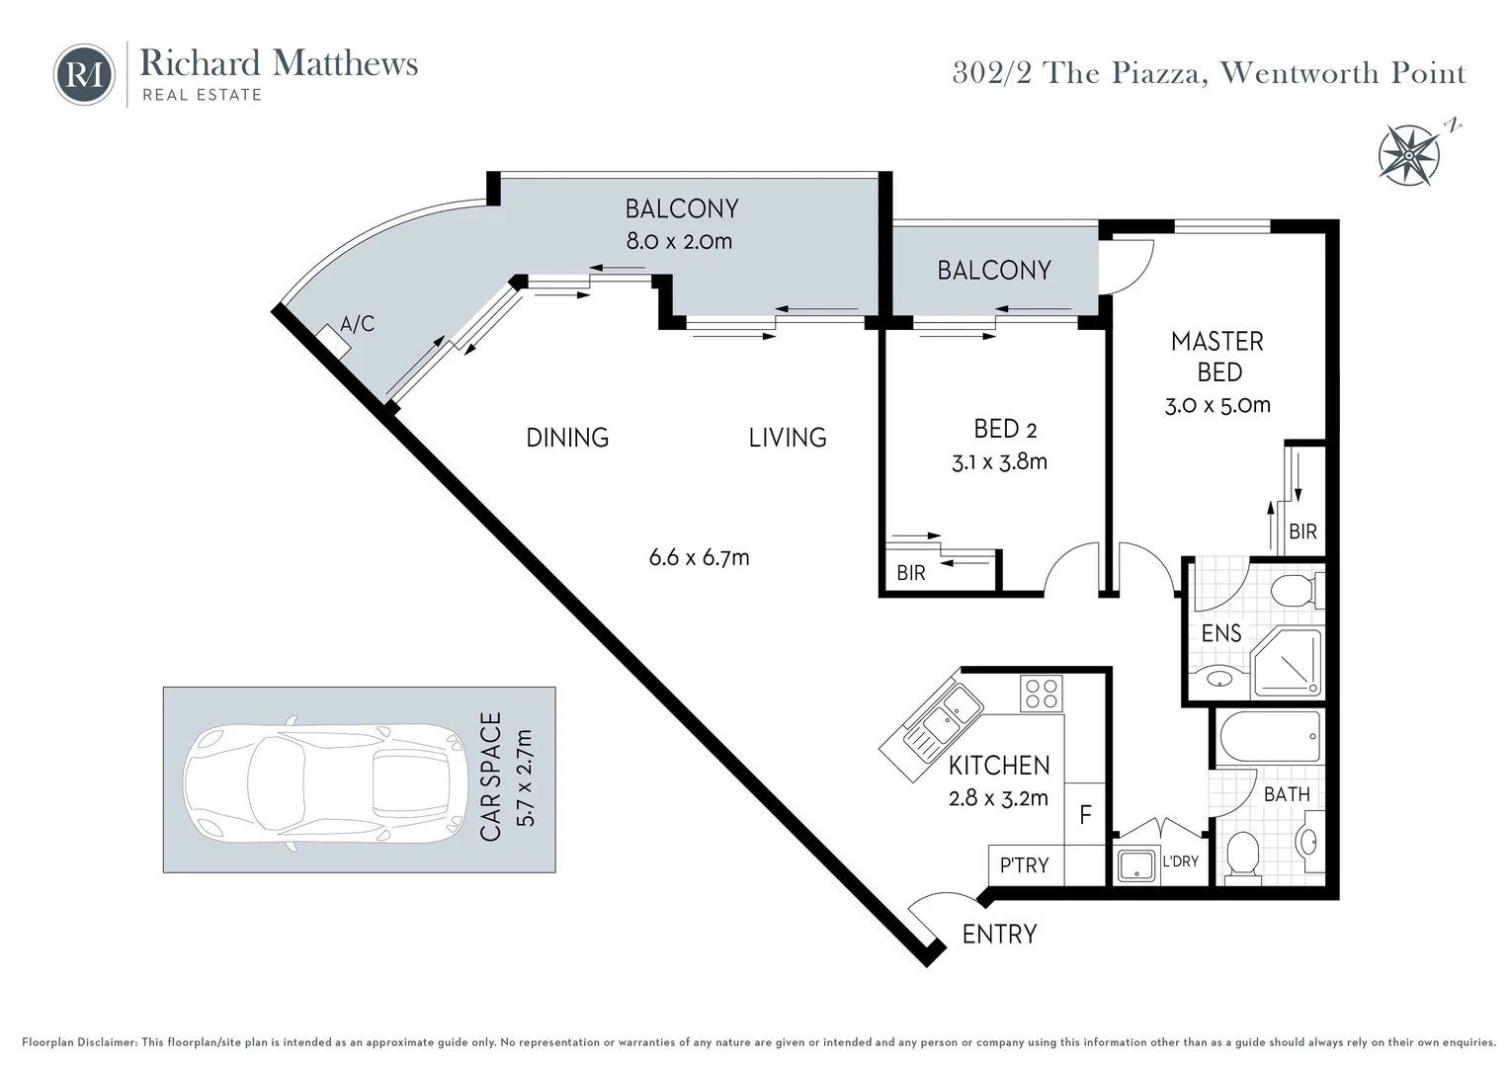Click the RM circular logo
tap(84, 75)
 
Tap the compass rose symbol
tap(1409, 155)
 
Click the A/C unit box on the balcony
tap(333, 342)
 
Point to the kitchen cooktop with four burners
tap(1042, 693)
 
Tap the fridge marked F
tap(1085, 814)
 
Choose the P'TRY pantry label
tap(1024, 864)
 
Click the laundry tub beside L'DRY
tap(1136, 865)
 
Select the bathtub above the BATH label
tap(1270, 737)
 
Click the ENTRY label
tap(999, 935)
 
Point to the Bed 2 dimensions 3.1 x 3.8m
tap(999, 462)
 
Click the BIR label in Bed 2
tap(911, 573)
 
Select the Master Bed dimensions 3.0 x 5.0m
tap(1217, 405)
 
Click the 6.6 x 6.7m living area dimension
tap(699, 557)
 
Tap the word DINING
tap(567, 438)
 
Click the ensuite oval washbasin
tap(1219, 679)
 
